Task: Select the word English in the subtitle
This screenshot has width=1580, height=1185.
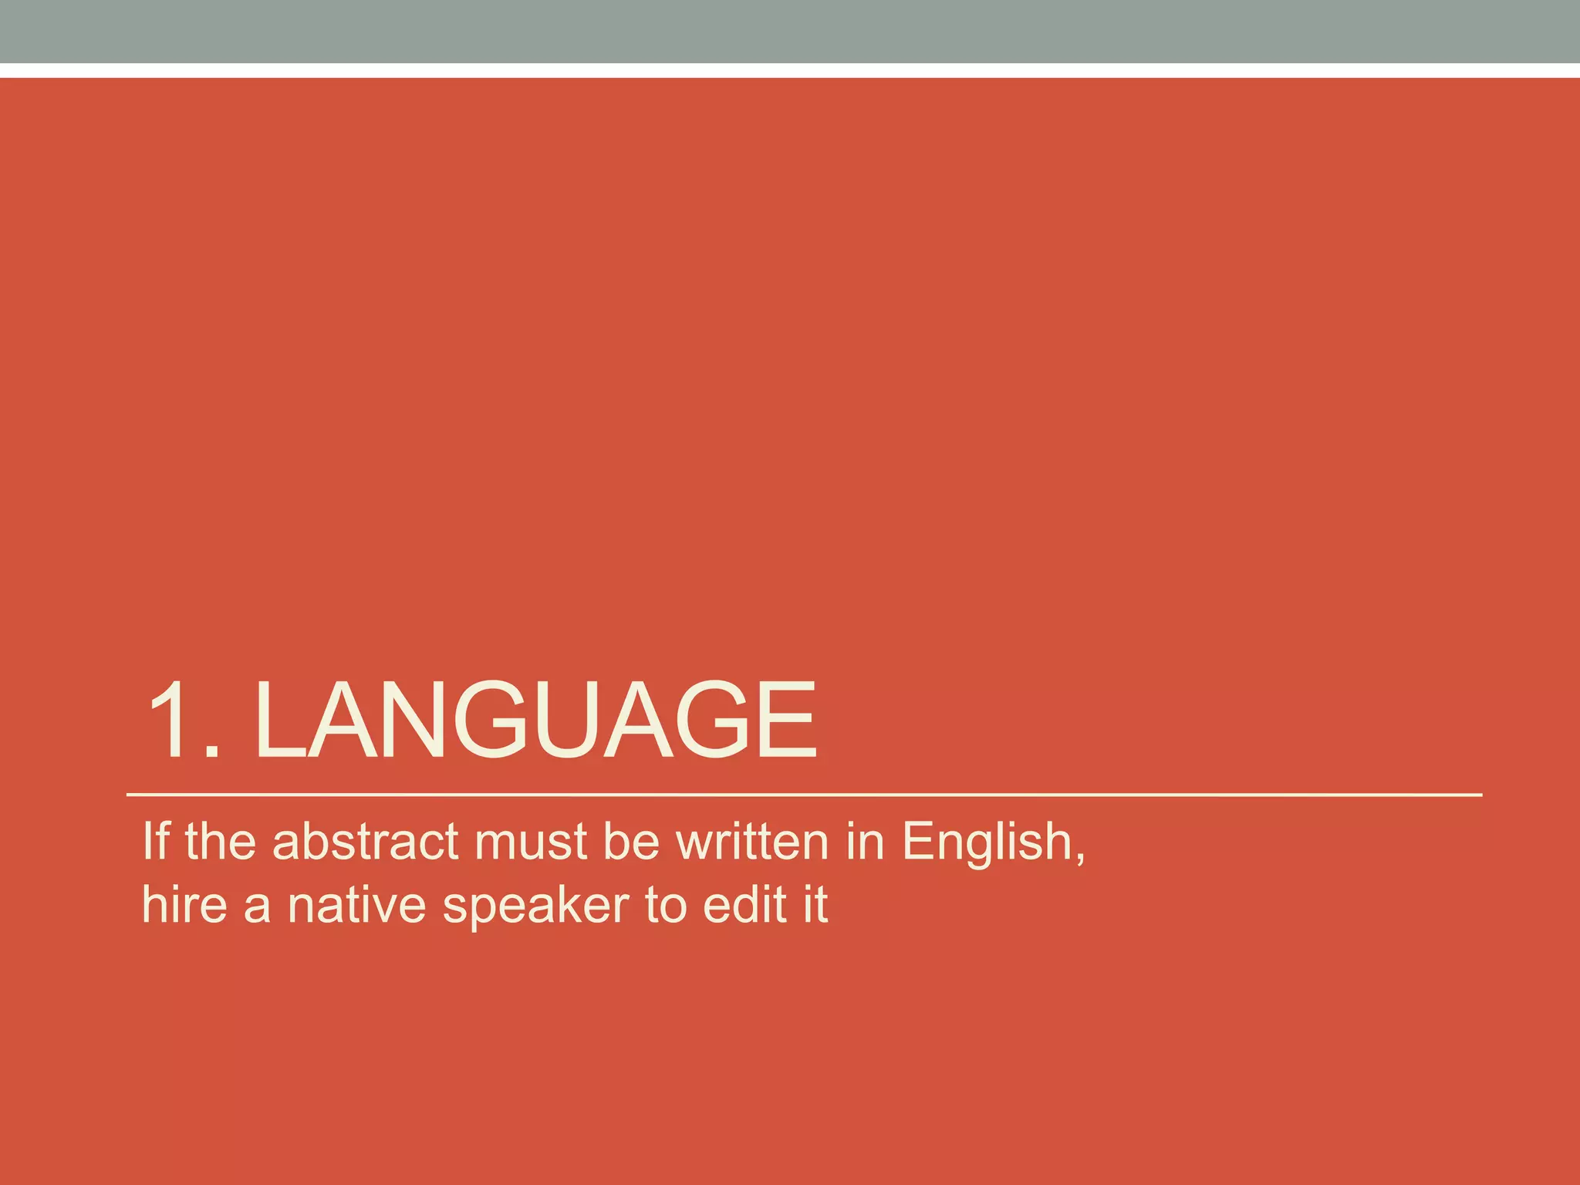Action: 987,842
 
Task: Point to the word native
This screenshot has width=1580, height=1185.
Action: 356,905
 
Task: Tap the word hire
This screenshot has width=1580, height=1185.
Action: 184,904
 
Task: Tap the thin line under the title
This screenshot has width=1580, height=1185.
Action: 802,794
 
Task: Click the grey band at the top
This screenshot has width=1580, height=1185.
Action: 790,31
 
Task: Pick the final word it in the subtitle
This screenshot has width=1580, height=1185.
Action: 815,904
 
